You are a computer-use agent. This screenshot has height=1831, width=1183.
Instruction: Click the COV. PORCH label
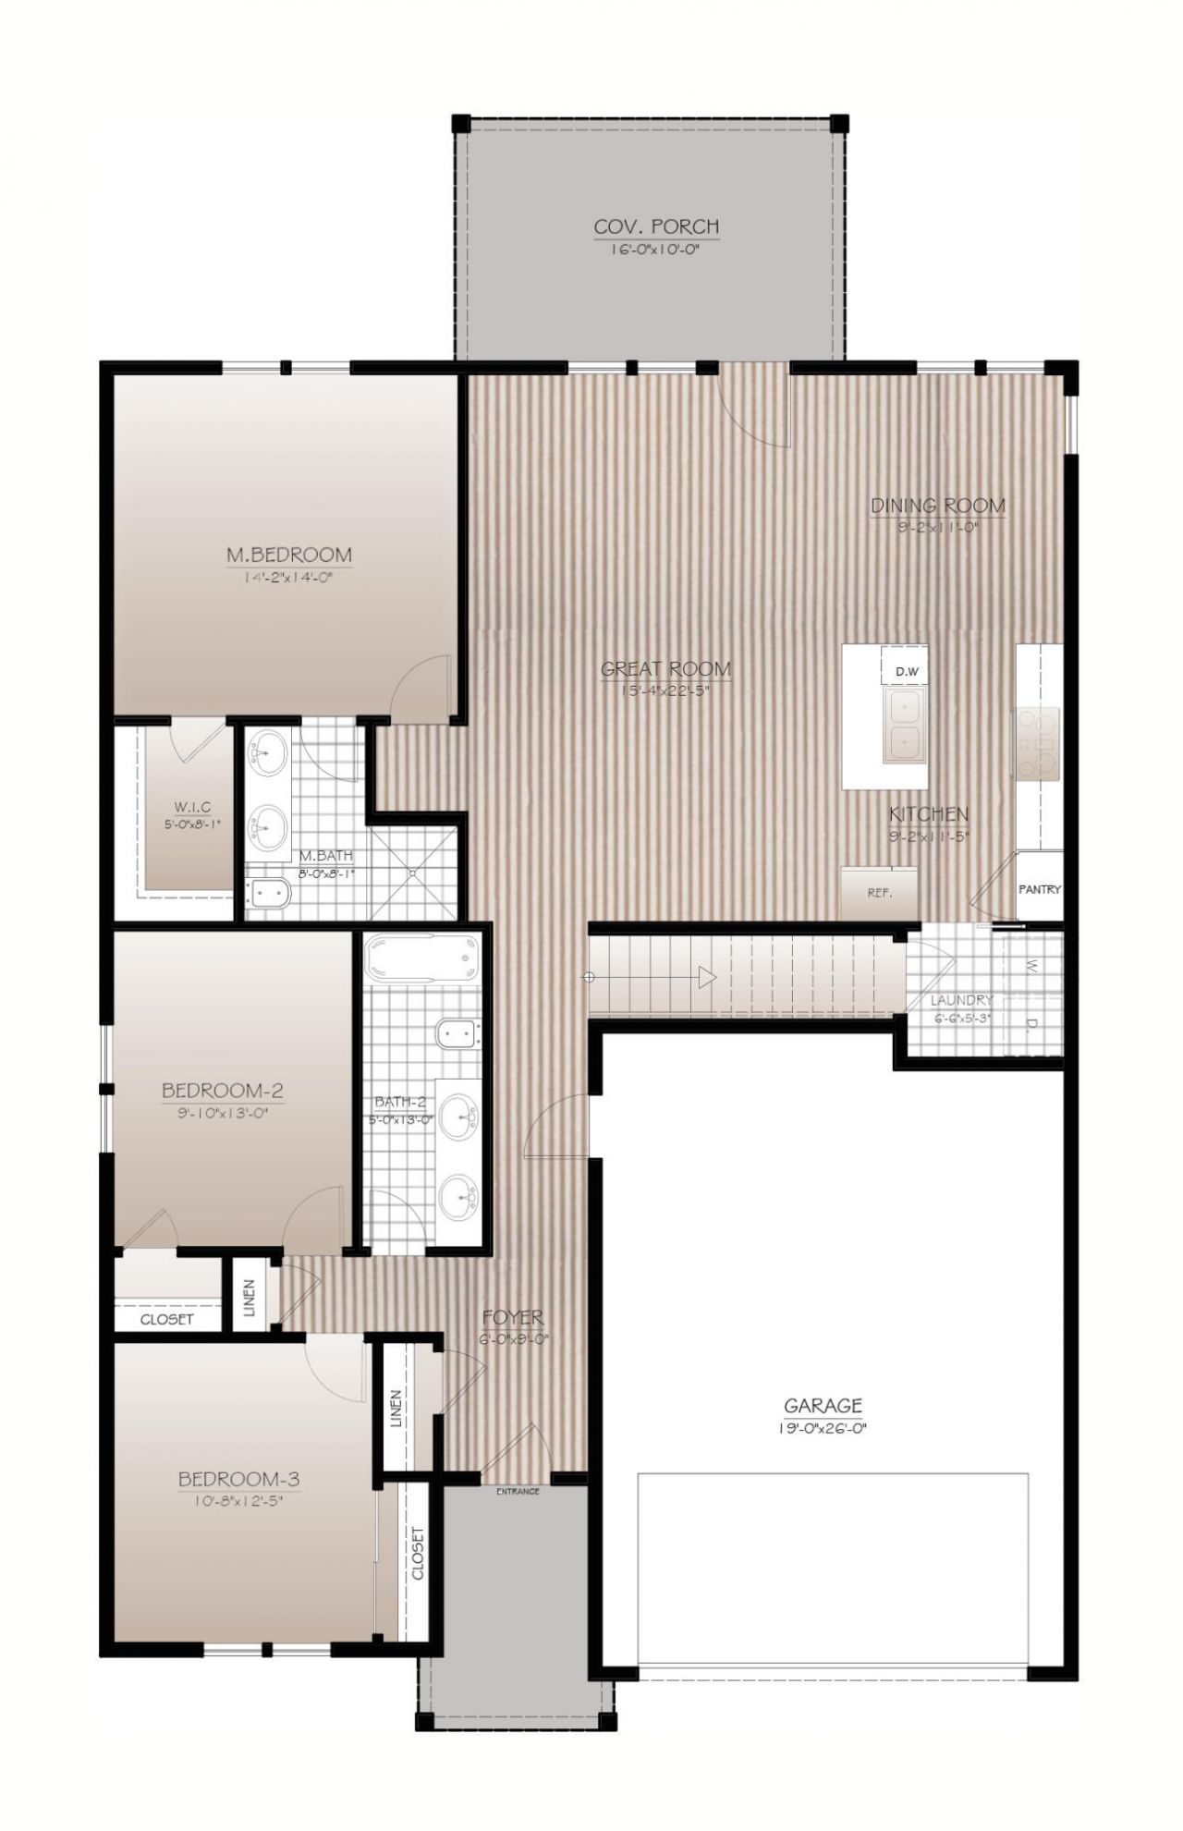pyautogui.click(x=655, y=226)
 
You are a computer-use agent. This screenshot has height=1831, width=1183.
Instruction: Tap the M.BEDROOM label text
pyautogui.click(x=288, y=555)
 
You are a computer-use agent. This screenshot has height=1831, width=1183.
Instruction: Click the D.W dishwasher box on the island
pyautogui.click(x=905, y=672)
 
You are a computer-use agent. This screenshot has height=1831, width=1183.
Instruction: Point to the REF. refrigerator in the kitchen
pyautogui.click(x=879, y=893)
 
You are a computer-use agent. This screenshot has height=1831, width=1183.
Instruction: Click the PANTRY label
pyautogui.click(x=1039, y=889)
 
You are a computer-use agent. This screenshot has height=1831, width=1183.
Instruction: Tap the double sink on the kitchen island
pyautogui.click(x=904, y=726)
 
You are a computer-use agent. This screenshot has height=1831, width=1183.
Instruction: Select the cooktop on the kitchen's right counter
pyautogui.click(x=1038, y=744)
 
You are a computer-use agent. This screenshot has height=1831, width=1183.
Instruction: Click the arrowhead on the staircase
pyautogui.click(x=707, y=977)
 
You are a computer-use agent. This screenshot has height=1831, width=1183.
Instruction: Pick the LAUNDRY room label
pyautogui.click(x=961, y=1000)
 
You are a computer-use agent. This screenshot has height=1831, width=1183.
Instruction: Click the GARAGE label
pyautogui.click(x=823, y=1407)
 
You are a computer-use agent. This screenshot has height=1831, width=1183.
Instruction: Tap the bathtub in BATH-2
pyautogui.click(x=422, y=958)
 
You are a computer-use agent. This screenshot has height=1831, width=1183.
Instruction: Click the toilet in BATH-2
pyautogui.click(x=457, y=1034)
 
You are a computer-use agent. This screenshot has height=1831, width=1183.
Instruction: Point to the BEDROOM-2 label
pyautogui.click(x=222, y=1091)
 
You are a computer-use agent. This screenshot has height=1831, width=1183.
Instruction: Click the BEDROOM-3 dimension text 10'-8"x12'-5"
pyautogui.click(x=238, y=1502)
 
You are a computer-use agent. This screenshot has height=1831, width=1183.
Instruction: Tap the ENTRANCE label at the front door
pyautogui.click(x=518, y=1491)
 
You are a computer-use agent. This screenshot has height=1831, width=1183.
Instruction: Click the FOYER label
pyautogui.click(x=513, y=1317)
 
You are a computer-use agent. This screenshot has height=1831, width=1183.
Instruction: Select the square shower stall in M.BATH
pyautogui.click(x=414, y=871)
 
